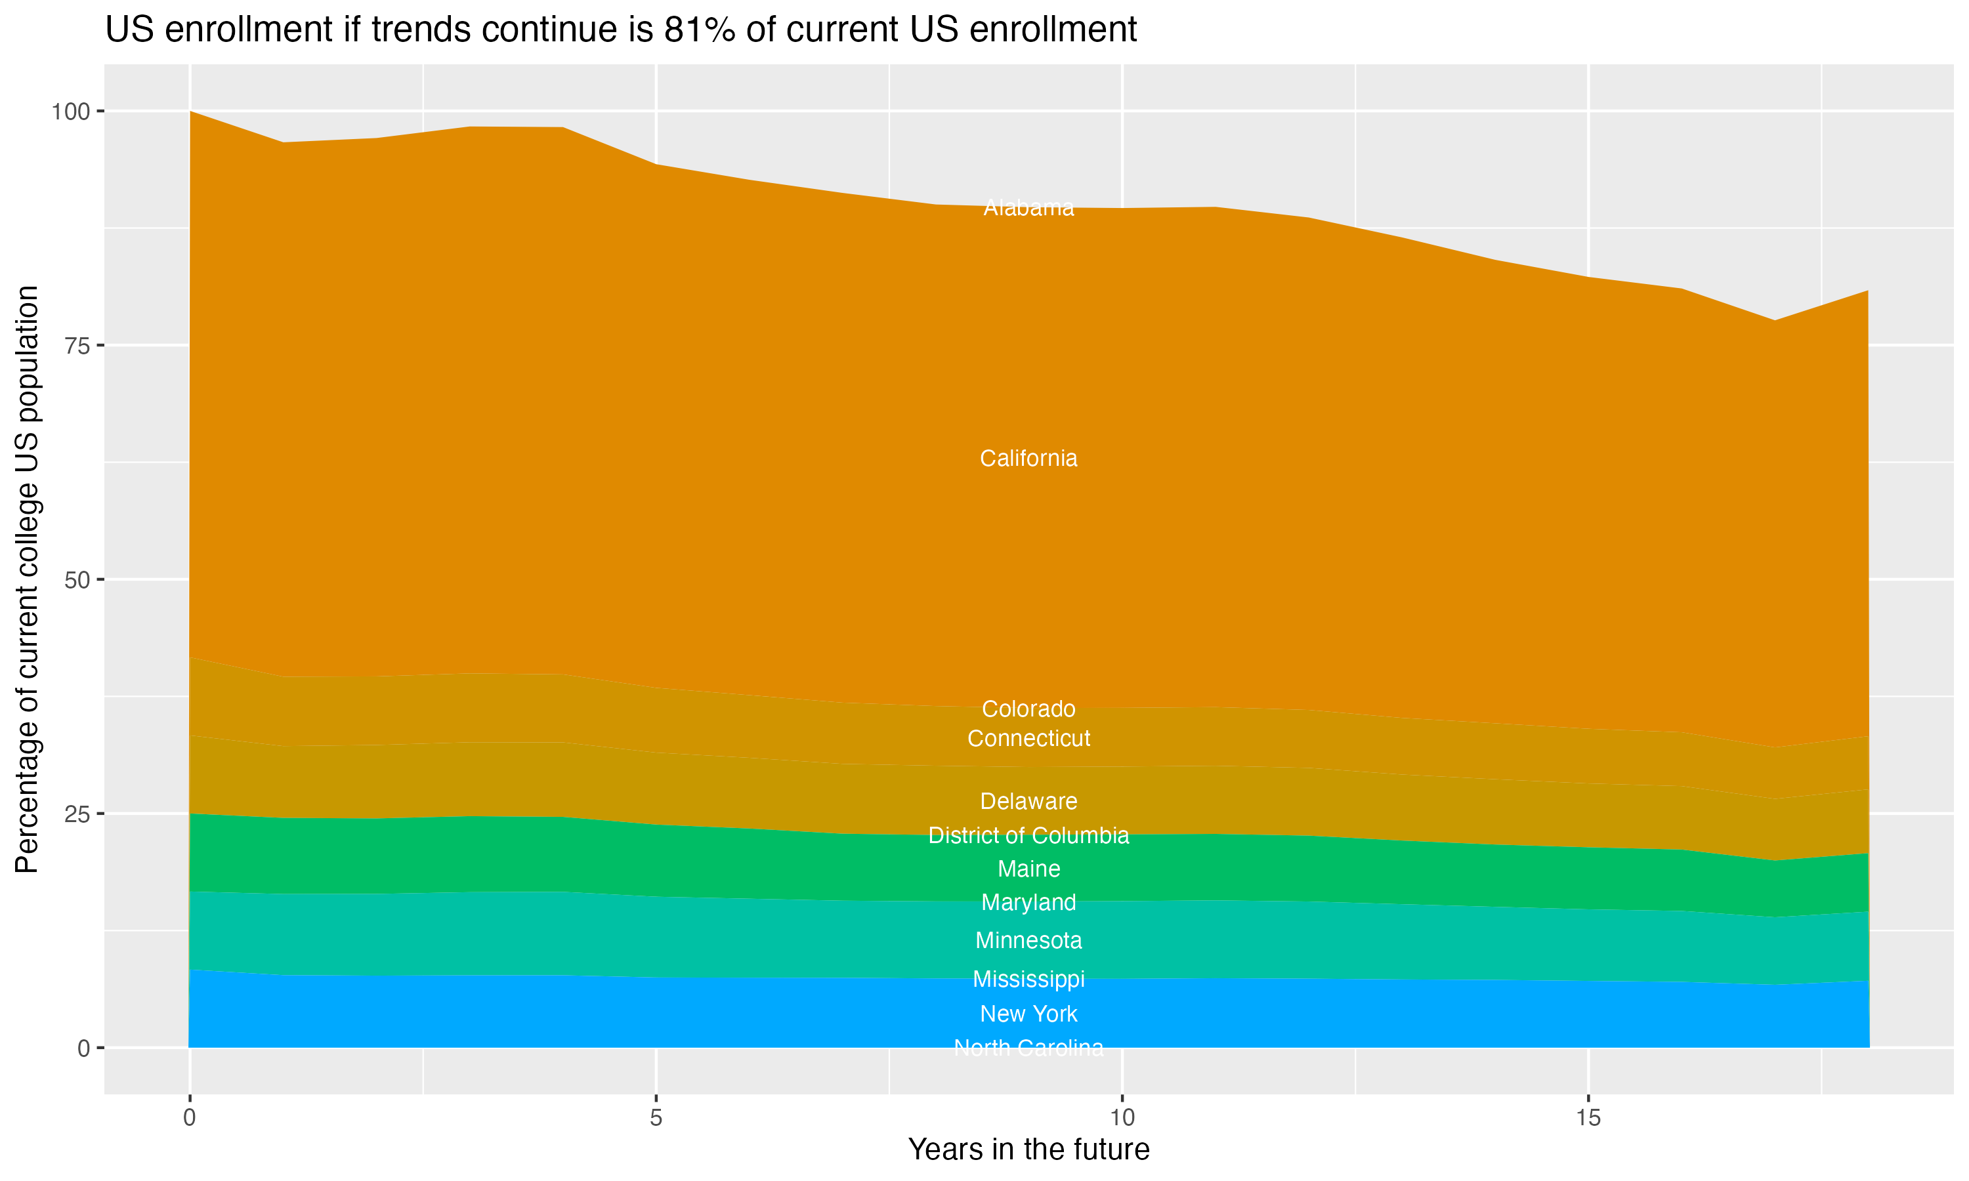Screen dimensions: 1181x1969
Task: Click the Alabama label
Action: click(1028, 208)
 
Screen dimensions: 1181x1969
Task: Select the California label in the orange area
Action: click(1028, 459)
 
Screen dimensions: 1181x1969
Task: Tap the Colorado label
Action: click(1028, 709)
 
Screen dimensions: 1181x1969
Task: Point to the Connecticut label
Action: click(1028, 739)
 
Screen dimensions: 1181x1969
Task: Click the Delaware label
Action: click(1028, 801)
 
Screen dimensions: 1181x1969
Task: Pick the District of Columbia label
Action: click(1028, 836)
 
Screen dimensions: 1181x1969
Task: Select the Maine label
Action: click(1028, 869)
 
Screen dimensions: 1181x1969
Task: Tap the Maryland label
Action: click(1028, 902)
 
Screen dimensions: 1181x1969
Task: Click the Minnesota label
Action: click(1028, 941)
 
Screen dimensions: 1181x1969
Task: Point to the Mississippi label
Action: click(1028, 979)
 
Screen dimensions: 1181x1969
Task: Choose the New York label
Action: click(1028, 1014)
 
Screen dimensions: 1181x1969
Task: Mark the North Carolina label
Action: click(1028, 1048)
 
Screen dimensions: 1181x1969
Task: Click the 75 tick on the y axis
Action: click(77, 345)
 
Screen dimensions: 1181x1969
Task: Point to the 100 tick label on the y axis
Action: click(70, 112)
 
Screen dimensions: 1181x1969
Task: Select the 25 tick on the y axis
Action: click(77, 814)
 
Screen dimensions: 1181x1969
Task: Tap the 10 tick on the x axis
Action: click(1122, 1118)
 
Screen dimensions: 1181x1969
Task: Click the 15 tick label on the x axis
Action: click(1588, 1118)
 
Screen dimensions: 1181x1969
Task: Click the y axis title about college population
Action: click(27, 579)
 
